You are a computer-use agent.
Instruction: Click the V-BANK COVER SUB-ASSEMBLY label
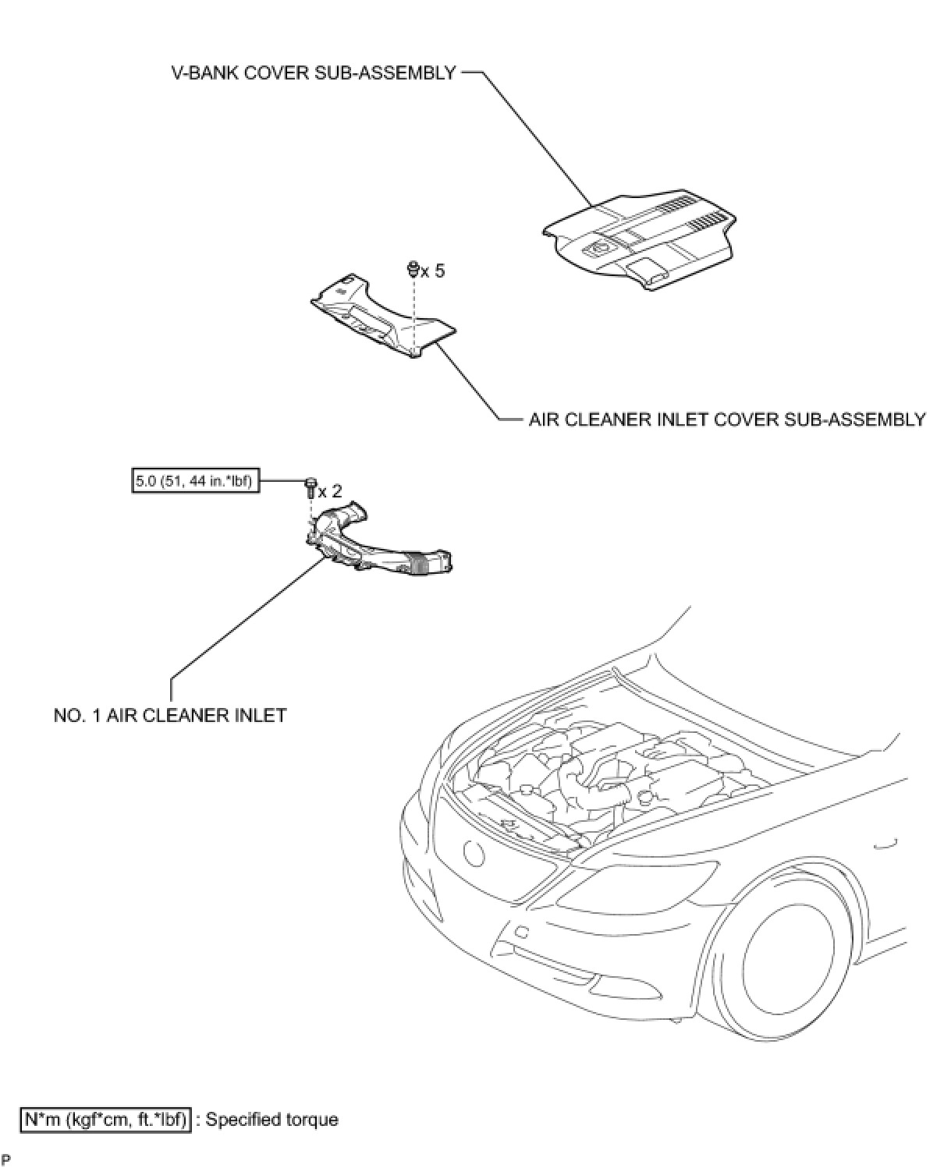pos(314,73)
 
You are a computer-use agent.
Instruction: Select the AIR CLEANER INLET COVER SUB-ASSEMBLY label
pos(727,419)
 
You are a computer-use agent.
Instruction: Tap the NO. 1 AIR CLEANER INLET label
pos(170,714)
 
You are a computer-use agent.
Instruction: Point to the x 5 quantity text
pos(433,271)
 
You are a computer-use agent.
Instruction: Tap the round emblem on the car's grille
pos(473,852)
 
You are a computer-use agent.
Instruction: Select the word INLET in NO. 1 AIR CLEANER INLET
pos(261,714)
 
